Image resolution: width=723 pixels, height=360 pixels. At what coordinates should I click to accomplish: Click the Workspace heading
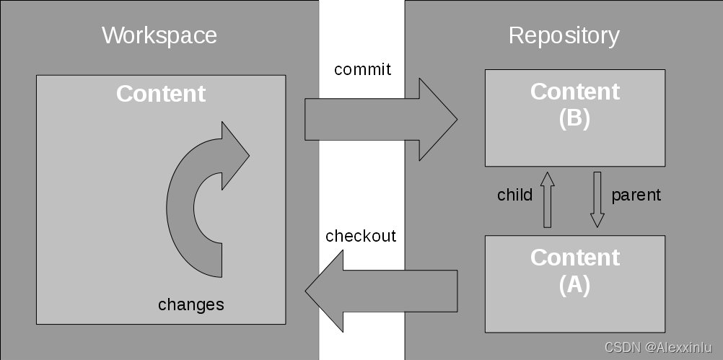click(159, 35)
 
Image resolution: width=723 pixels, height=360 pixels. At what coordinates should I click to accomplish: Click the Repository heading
click(564, 35)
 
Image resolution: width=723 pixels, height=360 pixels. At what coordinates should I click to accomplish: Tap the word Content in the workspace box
click(161, 94)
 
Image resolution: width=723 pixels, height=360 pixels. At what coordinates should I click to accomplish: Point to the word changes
click(191, 304)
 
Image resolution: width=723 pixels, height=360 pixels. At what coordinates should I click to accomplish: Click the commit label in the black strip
click(363, 70)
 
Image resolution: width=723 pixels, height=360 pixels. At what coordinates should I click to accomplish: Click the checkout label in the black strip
click(361, 237)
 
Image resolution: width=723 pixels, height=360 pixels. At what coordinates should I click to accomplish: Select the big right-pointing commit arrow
click(375, 120)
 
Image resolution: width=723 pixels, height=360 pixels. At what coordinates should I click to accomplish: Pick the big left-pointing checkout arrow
click(382, 291)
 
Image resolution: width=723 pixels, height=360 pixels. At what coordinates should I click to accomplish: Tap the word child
click(515, 195)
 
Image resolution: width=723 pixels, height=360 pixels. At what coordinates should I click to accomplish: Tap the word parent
click(636, 195)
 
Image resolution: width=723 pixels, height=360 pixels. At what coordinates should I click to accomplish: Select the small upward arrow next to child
click(547, 199)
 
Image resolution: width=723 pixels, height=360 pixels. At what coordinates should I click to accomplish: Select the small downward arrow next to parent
click(597, 199)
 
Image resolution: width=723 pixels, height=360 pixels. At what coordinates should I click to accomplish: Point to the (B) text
click(574, 119)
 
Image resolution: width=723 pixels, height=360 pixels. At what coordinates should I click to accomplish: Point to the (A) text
click(574, 285)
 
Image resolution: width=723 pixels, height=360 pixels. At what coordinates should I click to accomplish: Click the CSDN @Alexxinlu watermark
click(658, 348)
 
